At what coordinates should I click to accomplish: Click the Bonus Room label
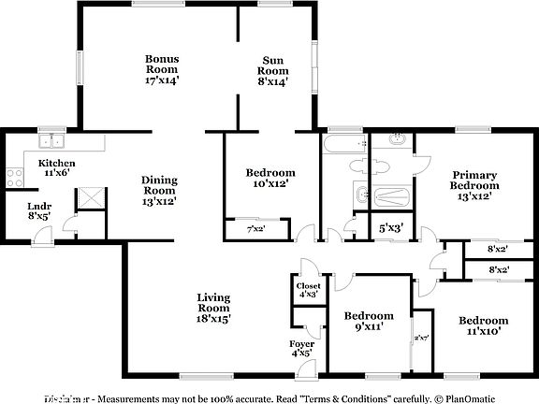(x=162, y=70)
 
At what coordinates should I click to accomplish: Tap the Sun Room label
(x=273, y=70)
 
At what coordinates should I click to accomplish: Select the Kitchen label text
(x=56, y=167)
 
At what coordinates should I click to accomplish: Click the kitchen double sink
(x=51, y=142)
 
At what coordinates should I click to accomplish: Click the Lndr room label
(x=38, y=211)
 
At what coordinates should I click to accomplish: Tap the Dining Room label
(x=159, y=190)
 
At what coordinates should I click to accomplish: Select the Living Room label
(x=213, y=308)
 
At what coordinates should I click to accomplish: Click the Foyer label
(x=301, y=349)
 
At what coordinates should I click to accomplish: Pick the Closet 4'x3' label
(x=308, y=290)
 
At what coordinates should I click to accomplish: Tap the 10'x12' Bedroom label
(x=270, y=178)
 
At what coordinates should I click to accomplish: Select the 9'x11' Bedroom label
(x=368, y=321)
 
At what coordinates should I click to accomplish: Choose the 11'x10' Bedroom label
(x=483, y=325)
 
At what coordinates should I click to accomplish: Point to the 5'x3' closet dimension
(x=390, y=227)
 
